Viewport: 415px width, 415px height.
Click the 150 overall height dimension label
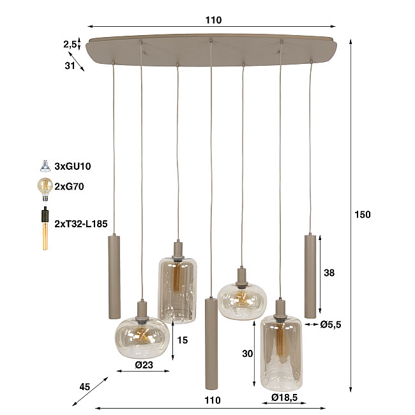coord(362,215)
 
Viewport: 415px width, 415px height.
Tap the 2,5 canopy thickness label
coord(70,44)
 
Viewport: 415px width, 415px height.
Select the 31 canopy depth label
coord(70,65)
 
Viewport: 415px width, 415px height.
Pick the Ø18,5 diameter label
coord(282,398)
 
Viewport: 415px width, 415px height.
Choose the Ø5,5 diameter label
coord(331,324)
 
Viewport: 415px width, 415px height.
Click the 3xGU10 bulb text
coord(73,167)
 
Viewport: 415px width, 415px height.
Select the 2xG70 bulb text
coord(70,187)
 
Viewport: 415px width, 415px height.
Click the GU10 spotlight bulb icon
coord(45,166)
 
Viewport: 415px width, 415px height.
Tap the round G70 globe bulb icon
coord(45,187)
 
